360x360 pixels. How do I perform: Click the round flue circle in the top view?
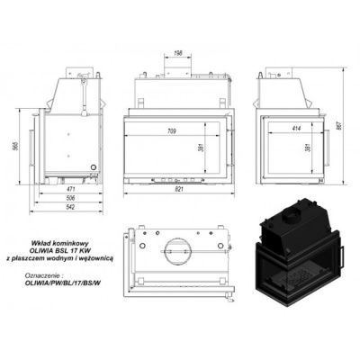pyautogui.click(x=176, y=248)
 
